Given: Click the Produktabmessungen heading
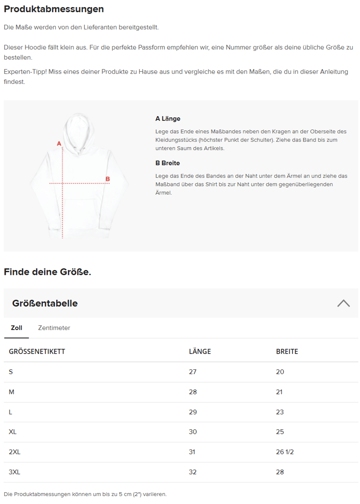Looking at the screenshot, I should (x=54, y=9).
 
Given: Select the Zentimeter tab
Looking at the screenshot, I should (x=54, y=328).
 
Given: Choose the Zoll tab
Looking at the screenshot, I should (x=16, y=328).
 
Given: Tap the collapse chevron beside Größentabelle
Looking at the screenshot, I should (x=343, y=303).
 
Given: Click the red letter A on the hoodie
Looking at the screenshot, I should (x=59, y=143).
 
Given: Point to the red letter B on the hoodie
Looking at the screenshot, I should (x=107, y=179).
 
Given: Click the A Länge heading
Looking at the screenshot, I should (x=168, y=119).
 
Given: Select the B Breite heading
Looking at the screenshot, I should (x=167, y=163).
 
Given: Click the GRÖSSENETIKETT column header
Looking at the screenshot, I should (x=37, y=352).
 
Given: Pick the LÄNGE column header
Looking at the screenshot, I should (x=200, y=352).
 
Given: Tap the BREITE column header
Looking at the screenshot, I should (x=287, y=352).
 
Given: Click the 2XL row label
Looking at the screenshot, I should (x=15, y=452).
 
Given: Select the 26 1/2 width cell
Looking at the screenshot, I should (x=285, y=452).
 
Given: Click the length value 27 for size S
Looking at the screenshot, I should (x=193, y=372).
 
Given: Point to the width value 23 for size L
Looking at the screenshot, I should (x=280, y=412).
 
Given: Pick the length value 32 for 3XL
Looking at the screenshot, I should (x=193, y=472).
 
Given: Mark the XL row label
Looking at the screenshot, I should (x=13, y=432).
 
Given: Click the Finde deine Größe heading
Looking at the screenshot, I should (x=47, y=272).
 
